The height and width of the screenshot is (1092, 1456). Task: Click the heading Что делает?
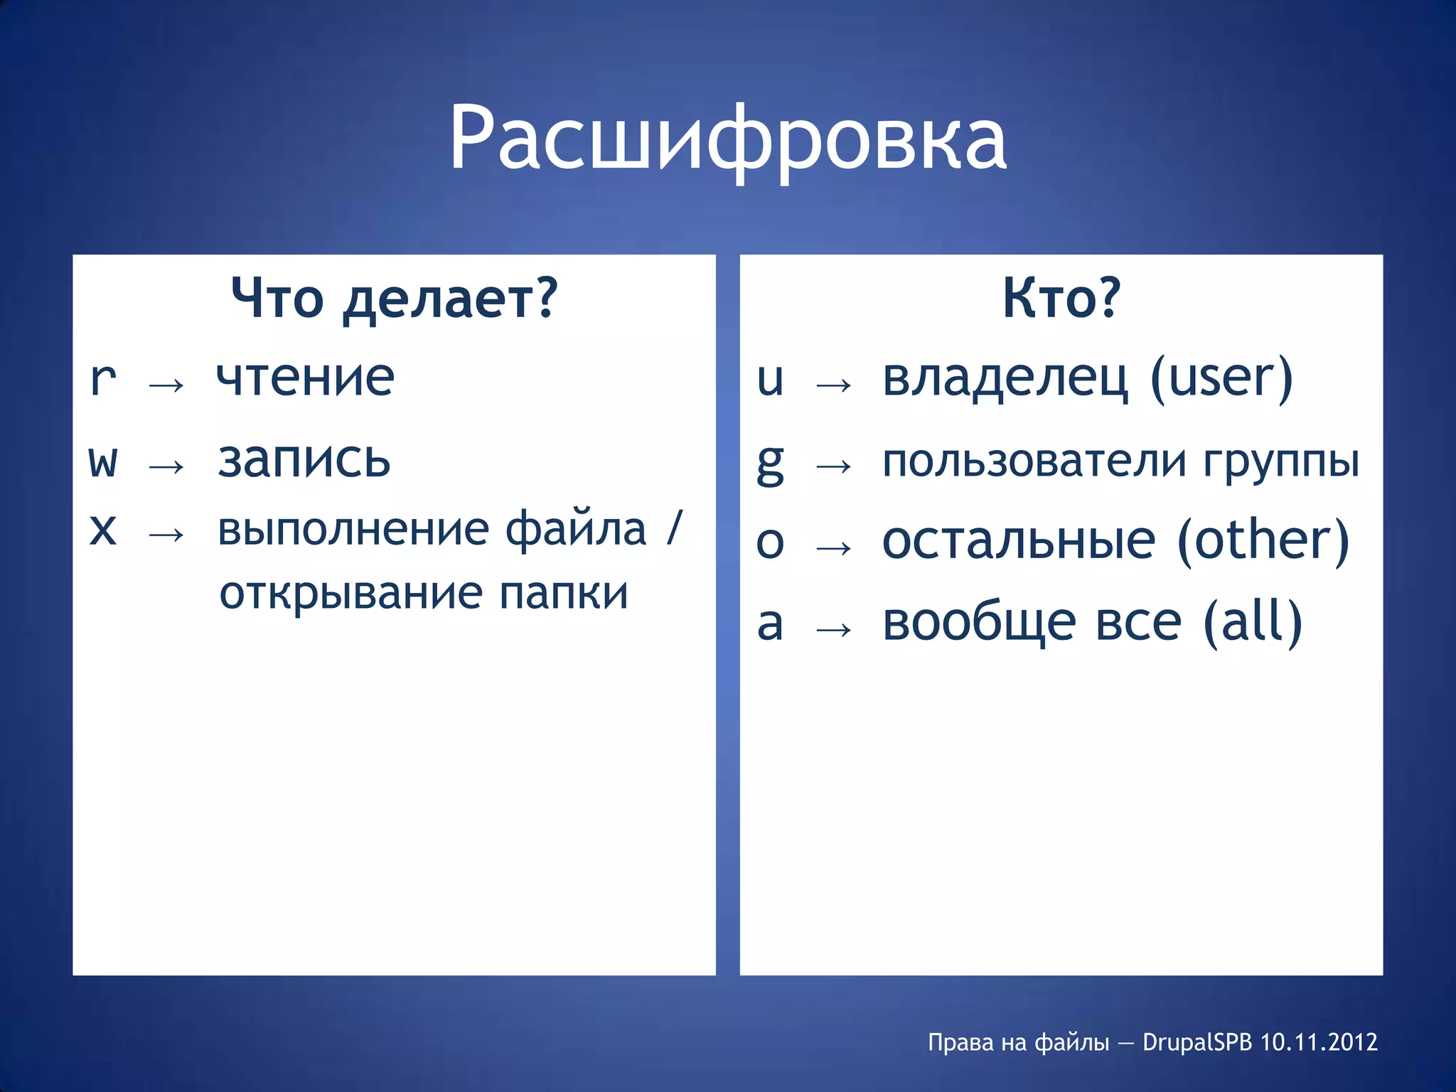pyautogui.click(x=395, y=299)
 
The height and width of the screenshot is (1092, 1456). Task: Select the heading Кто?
pyautogui.click(x=1061, y=299)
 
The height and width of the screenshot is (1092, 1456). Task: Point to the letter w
pyautogui.click(x=103, y=461)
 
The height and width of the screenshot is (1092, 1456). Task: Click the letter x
pyautogui.click(x=103, y=530)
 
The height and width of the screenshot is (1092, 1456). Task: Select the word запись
pyautogui.click(x=304, y=460)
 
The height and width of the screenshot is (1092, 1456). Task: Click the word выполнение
pyautogui.click(x=353, y=530)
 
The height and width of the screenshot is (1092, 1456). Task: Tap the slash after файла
pyautogui.click(x=674, y=528)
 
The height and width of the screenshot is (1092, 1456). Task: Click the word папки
pyautogui.click(x=564, y=594)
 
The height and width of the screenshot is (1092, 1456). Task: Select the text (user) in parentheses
pyautogui.click(x=1221, y=379)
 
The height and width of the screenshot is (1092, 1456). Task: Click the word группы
pyautogui.click(x=1282, y=461)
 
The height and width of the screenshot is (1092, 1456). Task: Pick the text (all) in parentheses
pyautogui.click(x=1253, y=623)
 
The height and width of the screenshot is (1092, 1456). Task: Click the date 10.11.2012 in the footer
pyautogui.click(x=1319, y=1042)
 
